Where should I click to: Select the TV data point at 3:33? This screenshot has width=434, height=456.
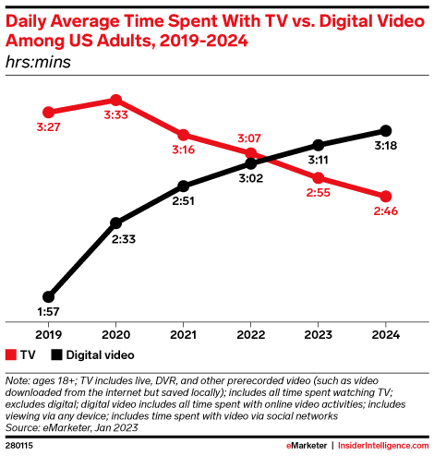pos(115,99)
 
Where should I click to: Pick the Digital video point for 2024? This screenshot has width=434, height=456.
pos(386,130)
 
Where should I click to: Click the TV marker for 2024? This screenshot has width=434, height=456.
pos(386,196)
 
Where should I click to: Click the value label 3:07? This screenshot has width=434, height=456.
pos(251,137)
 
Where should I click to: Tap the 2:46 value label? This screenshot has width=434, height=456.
pos(385,212)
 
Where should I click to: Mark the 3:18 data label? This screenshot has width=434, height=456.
pos(385,147)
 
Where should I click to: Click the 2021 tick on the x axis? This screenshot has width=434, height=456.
pos(184,333)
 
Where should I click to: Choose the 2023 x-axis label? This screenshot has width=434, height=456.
pos(319,333)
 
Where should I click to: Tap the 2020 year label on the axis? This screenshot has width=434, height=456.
pos(116,333)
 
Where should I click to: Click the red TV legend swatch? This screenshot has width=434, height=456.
pos(11,354)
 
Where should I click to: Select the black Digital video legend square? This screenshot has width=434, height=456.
pos(56,354)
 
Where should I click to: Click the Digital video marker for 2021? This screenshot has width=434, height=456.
pos(184,186)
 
